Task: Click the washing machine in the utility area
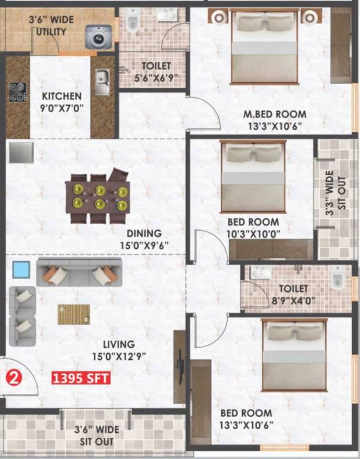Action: click(x=98, y=37)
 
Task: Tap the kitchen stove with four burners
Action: click(x=17, y=91)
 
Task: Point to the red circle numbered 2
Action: click(x=13, y=377)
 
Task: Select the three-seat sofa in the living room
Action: click(x=80, y=272)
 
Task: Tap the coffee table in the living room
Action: click(x=74, y=314)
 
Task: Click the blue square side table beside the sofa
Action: click(x=22, y=270)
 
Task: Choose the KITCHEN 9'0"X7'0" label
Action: click(x=62, y=101)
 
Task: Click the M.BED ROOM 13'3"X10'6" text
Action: click(x=274, y=119)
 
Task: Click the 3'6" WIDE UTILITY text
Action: click(x=51, y=25)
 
